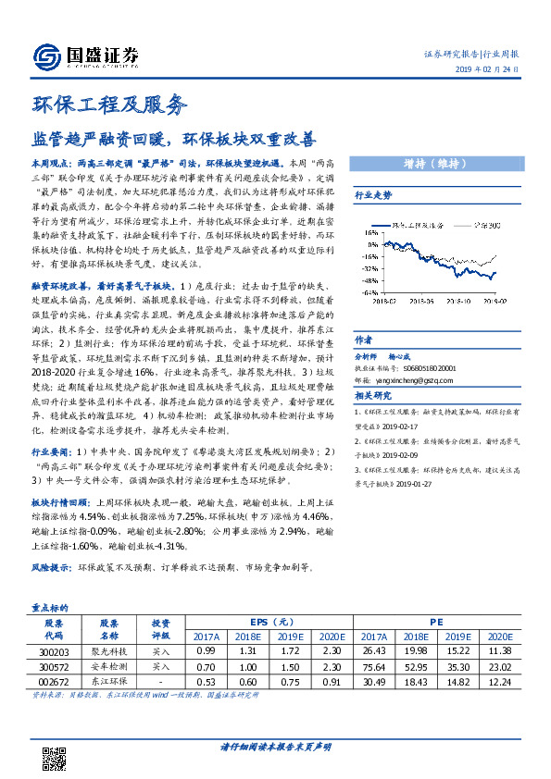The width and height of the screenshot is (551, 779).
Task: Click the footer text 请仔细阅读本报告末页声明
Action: [275, 746]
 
